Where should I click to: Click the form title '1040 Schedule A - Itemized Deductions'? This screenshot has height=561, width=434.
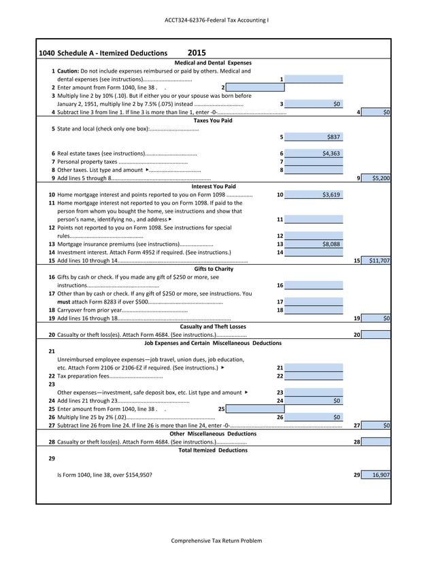tap(103, 53)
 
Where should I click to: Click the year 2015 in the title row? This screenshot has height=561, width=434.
tap(196, 52)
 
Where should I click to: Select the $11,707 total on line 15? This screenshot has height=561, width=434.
tap(379, 260)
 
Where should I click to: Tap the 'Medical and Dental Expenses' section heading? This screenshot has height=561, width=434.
tap(213, 62)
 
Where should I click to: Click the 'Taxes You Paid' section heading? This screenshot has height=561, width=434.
tap(213, 120)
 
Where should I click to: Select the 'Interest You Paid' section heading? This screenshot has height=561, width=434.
tap(214, 186)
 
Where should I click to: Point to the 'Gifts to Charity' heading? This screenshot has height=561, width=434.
tap(213, 268)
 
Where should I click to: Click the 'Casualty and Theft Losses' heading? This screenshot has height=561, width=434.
tap(213, 326)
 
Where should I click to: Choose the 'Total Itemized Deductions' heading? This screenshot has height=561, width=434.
tap(213, 450)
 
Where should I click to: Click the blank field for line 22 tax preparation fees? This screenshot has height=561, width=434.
tap(314, 376)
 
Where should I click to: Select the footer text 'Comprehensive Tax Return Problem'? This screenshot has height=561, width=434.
tap(216, 541)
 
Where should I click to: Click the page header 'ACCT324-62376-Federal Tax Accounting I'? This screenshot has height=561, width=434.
tap(216, 20)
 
